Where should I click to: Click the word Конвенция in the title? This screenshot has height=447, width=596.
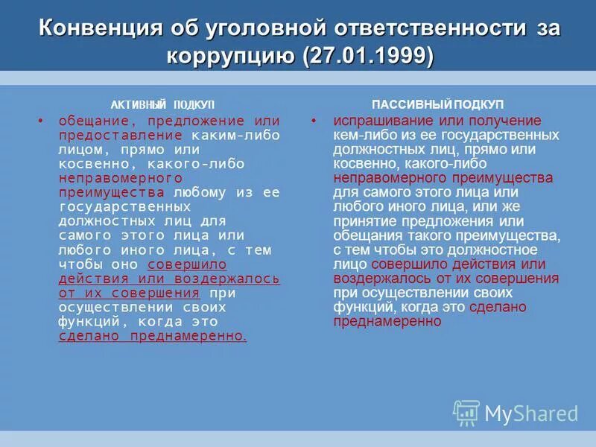(101, 28)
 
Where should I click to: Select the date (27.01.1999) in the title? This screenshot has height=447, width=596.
(367, 56)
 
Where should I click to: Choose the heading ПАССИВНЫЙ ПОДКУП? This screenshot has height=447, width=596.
(437, 105)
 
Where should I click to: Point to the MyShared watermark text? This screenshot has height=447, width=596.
(531, 413)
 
